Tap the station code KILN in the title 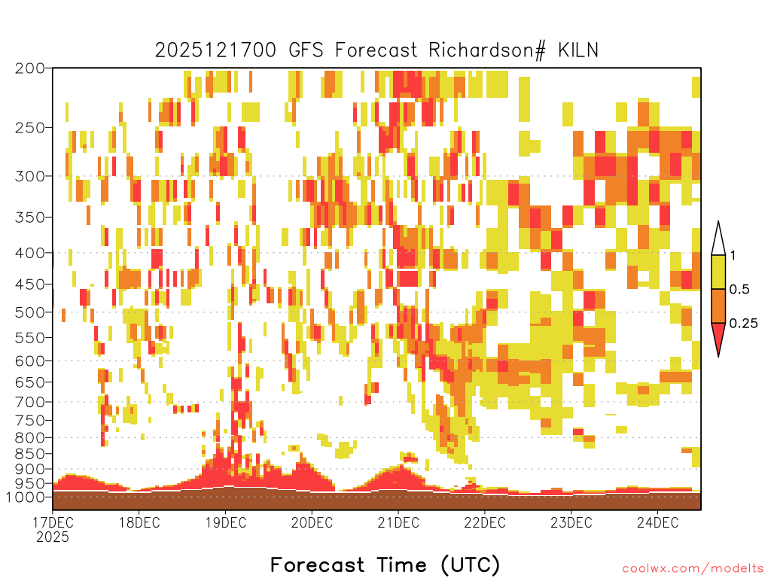coord(578,50)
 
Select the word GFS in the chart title coord(306,50)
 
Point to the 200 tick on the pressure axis coord(30,68)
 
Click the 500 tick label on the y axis coord(30,312)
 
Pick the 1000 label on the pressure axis coord(26,497)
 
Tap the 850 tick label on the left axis coord(30,453)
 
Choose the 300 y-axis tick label coord(30,176)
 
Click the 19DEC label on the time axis coord(226,522)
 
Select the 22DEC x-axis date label coord(485,522)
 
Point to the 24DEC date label coord(658,522)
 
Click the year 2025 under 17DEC coord(53,537)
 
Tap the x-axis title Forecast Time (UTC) coord(385,565)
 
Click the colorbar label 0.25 coord(743,324)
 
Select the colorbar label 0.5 coord(739,290)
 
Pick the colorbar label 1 coord(733,256)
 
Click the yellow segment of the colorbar coord(718,272)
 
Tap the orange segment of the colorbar coord(718,306)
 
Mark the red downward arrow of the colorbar coord(718,336)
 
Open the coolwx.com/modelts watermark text coord(693,569)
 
